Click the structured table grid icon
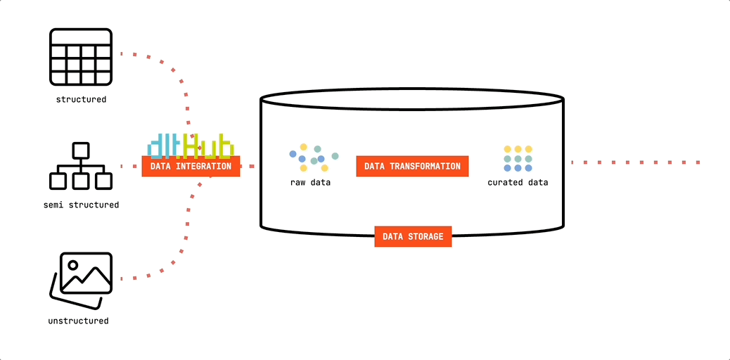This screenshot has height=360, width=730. click(x=81, y=58)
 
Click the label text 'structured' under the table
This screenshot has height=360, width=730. click(x=81, y=100)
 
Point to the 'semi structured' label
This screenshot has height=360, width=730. click(x=81, y=205)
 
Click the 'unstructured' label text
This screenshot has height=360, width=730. click(x=79, y=321)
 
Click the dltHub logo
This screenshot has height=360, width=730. click(x=190, y=144)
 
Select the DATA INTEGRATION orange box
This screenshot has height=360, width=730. click(x=191, y=167)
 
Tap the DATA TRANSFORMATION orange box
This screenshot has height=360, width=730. click(x=412, y=167)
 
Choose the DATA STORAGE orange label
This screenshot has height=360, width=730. click(x=413, y=236)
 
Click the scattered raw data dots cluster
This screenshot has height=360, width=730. click(x=313, y=157)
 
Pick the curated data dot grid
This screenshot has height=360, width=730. click(x=518, y=158)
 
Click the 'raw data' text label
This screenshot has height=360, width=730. click(x=310, y=183)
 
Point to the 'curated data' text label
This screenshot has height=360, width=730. click(x=518, y=183)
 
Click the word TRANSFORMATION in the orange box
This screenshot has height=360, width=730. click(x=425, y=167)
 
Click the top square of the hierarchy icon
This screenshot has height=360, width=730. click(x=81, y=150)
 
